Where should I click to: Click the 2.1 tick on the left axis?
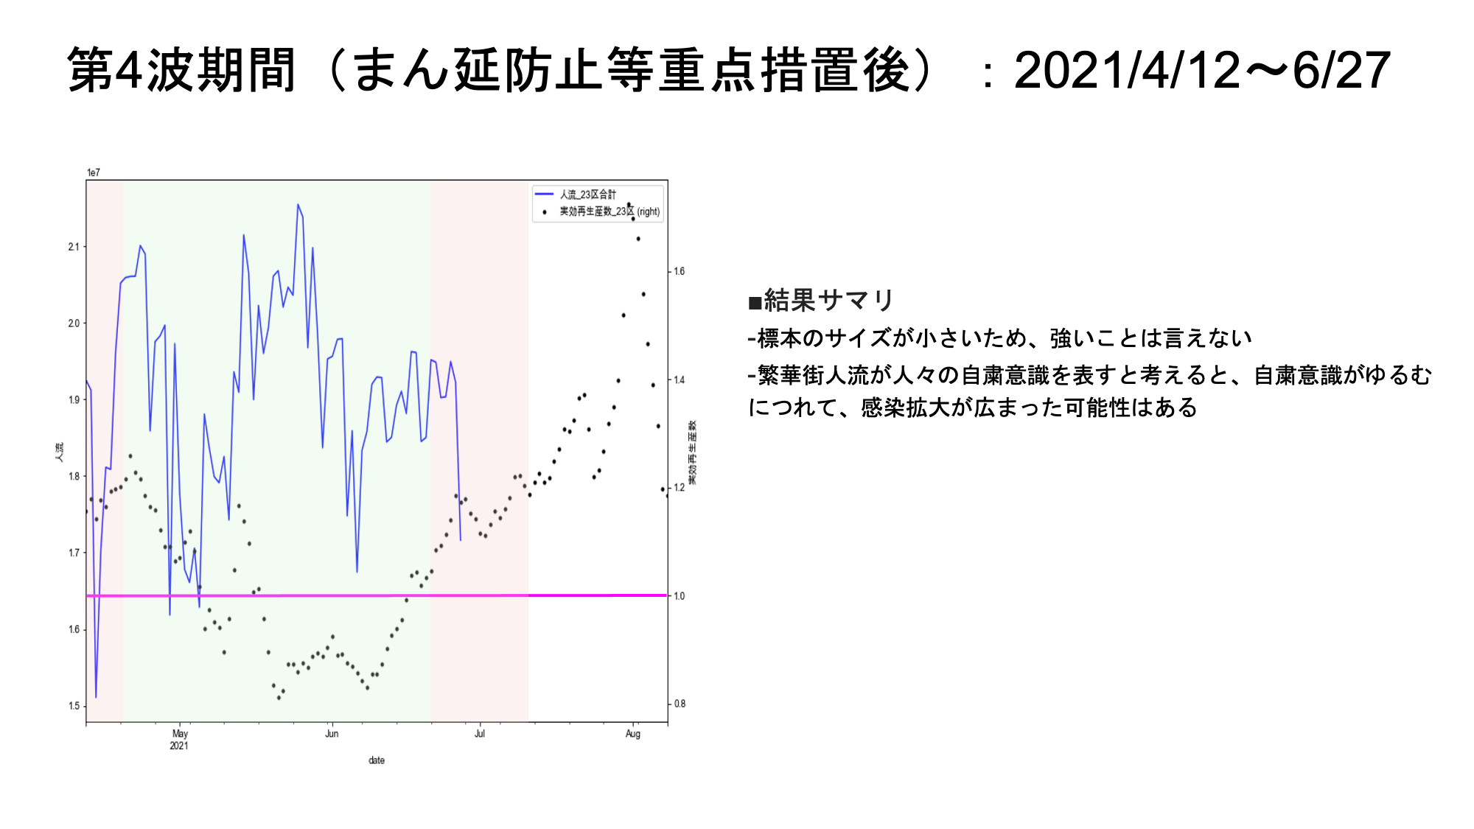[x=73, y=247]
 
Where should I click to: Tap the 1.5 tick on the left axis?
[x=73, y=706]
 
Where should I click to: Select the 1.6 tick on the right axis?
[x=679, y=271]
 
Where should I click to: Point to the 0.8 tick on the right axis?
[x=679, y=704]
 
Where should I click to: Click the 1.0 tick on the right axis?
[x=679, y=596]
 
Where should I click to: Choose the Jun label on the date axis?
[x=332, y=734]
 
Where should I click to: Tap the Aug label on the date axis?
[x=632, y=734]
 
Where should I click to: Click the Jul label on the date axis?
[x=480, y=734]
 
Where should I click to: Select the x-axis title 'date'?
[x=377, y=760]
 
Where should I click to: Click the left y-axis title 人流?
[x=59, y=452]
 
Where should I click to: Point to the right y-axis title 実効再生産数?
[x=692, y=452]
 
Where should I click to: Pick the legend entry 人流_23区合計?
[x=587, y=195]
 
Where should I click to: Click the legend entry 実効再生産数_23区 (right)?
[x=609, y=211]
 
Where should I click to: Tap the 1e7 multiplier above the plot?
[x=94, y=172]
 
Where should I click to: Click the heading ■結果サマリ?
[x=821, y=301]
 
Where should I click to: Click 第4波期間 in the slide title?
[x=182, y=71]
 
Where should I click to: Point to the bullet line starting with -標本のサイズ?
[x=1000, y=338]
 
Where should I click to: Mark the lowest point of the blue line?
[x=96, y=696]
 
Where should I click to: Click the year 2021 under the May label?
[x=179, y=746]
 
